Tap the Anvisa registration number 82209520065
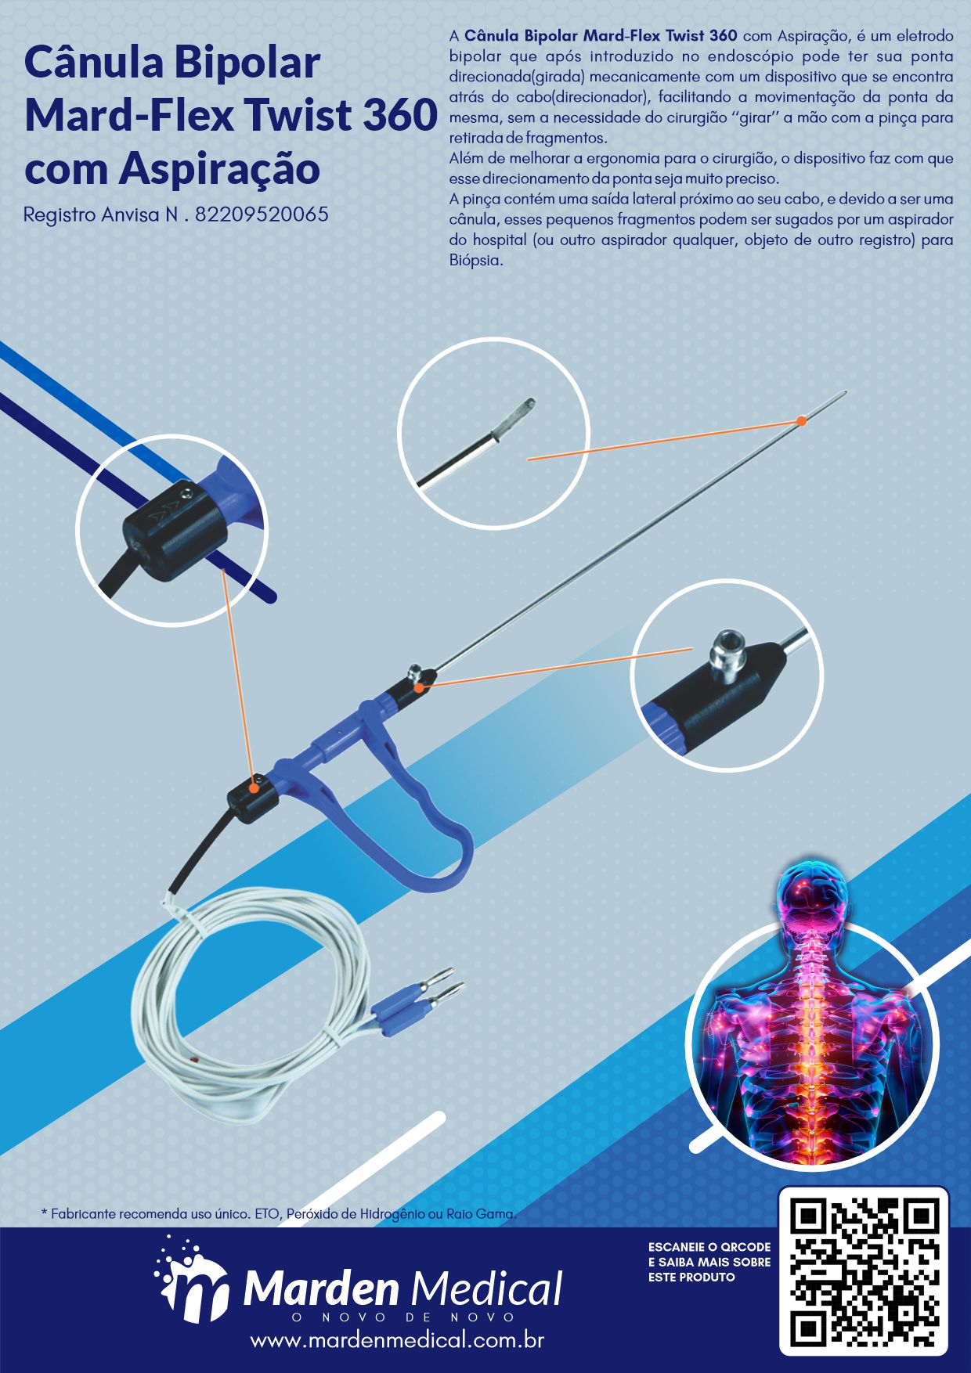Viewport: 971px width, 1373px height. tap(262, 214)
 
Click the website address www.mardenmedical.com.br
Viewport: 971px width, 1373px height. tap(397, 1340)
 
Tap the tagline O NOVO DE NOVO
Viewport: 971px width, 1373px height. tap(402, 1317)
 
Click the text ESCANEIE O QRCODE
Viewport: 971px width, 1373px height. tap(709, 1247)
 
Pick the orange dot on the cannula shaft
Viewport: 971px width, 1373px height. tap(801, 421)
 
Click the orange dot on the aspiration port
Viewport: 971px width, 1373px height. tap(420, 687)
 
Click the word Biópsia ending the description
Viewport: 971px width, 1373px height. tap(476, 261)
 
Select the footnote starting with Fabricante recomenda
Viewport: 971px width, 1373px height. tap(279, 1214)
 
